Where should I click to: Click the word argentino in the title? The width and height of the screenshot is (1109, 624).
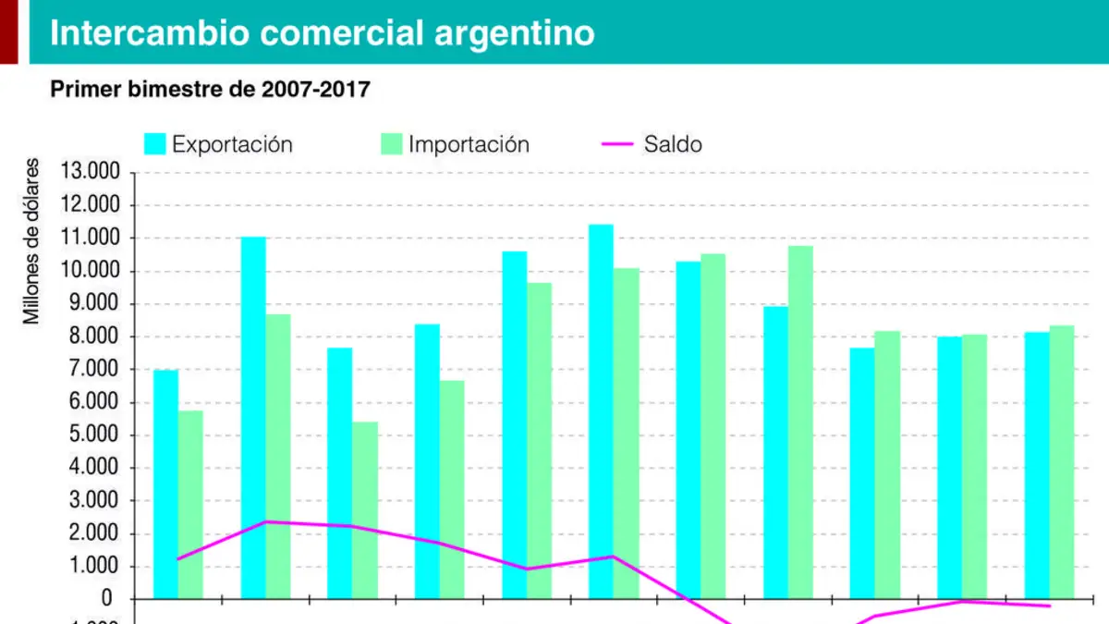pyautogui.click(x=515, y=33)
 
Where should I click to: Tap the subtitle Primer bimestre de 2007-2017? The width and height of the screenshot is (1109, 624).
pyautogui.click(x=211, y=89)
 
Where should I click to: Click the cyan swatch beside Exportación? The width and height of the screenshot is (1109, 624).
pyautogui.click(x=155, y=144)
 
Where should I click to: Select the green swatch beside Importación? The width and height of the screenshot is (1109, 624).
pyautogui.click(x=392, y=144)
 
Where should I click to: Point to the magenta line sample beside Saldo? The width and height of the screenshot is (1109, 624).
pyautogui.click(x=617, y=144)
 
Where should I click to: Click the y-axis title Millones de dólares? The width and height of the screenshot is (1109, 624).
pyautogui.click(x=30, y=241)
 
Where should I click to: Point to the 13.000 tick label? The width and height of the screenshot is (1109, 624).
pyautogui.click(x=91, y=171)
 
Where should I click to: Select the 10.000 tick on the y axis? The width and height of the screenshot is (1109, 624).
pyautogui.click(x=91, y=270)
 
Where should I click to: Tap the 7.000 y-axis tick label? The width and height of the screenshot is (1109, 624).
pyautogui.click(x=94, y=369)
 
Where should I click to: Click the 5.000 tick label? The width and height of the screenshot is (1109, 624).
pyautogui.click(x=94, y=434)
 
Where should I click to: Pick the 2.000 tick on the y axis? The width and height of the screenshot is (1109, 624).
pyautogui.click(x=94, y=532)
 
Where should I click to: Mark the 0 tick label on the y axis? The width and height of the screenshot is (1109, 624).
pyautogui.click(x=107, y=599)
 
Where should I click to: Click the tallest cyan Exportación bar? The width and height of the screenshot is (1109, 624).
pyautogui.click(x=601, y=411)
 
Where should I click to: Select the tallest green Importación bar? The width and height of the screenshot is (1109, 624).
pyautogui.click(x=800, y=422)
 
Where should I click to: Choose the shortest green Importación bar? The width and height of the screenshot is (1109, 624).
pyautogui.click(x=365, y=510)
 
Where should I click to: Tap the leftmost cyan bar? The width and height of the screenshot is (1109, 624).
pyautogui.click(x=165, y=484)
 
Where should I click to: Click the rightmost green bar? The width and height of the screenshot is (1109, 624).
pyautogui.click(x=1062, y=462)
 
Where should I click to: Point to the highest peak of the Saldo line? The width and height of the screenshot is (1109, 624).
pyautogui.click(x=266, y=522)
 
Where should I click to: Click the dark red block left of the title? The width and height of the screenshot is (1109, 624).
pyautogui.click(x=9, y=31)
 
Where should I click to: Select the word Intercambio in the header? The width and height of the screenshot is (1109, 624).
pyautogui.click(x=150, y=32)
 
